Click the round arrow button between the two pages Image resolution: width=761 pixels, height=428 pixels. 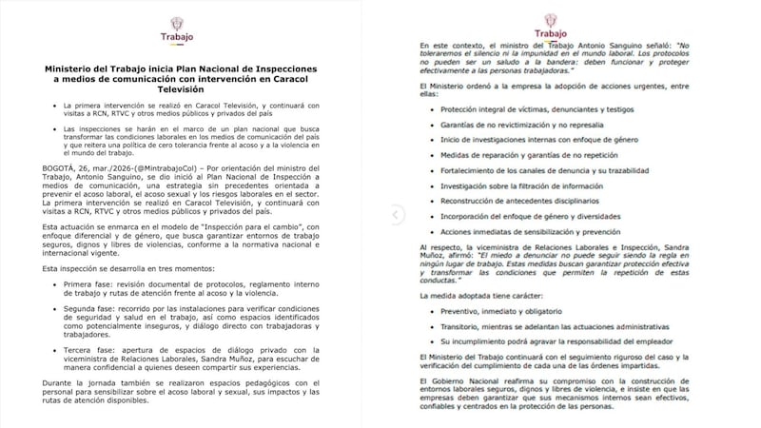click(x=387, y=215)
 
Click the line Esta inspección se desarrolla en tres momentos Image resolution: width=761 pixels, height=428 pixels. click(x=121, y=268)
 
